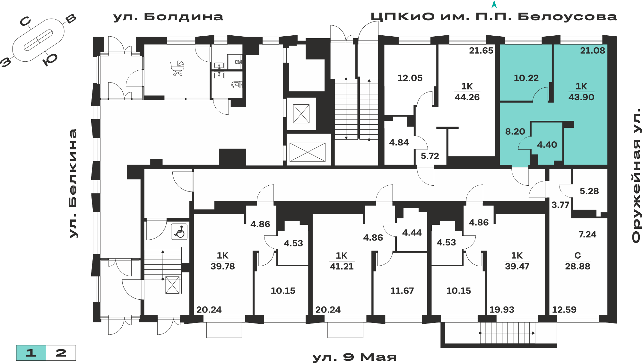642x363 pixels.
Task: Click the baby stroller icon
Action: tap(177, 68)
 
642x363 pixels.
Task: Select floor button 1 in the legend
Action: tap(31, 353)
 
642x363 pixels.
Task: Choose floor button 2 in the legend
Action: tap(61, 353)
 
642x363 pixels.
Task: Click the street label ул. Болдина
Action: tap(168, 17)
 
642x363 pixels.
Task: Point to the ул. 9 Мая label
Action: tap(354, 357)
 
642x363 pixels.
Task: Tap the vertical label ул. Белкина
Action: tap(74, 183)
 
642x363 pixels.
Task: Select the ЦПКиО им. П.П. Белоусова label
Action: tap(494, 17)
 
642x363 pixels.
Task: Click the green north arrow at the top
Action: tap(494, 4)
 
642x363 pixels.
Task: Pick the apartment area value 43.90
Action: tap(581, 97)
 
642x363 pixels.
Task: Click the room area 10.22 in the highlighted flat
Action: tap(526, 78)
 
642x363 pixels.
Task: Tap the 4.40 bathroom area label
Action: tap(547, 145)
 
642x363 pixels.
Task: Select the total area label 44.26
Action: tap(467, 97)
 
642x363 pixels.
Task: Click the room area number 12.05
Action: tap(410, 78)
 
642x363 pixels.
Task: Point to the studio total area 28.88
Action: tap(577, 266)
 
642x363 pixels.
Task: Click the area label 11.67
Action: tap(402, 291)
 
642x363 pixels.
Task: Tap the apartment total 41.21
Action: tap(342, 266)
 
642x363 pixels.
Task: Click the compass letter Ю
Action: tap(50, 59)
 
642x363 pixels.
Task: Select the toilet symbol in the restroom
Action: tap(236, 85)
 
